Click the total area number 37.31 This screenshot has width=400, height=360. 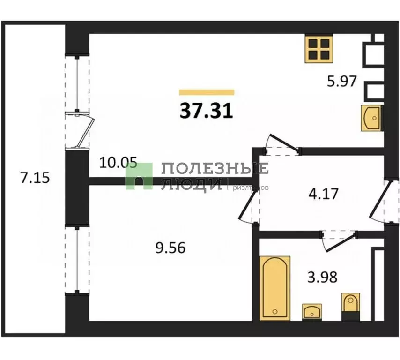tap(206, 111)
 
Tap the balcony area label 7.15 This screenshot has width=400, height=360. tap(36, 178)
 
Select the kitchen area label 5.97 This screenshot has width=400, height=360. tap(342, 82)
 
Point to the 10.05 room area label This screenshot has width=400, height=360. tap(118, 164)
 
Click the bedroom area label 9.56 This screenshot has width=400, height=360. tap(170, 247)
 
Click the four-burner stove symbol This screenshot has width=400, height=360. tap(319, 49)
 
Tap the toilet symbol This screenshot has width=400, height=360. tap(350, 307)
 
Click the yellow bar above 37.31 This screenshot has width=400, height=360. tap(207, 92)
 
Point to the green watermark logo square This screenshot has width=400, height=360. tap(139, 176)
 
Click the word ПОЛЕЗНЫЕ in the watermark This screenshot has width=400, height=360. tap(215, 168)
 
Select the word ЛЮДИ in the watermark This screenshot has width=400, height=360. tap(191, 184)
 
